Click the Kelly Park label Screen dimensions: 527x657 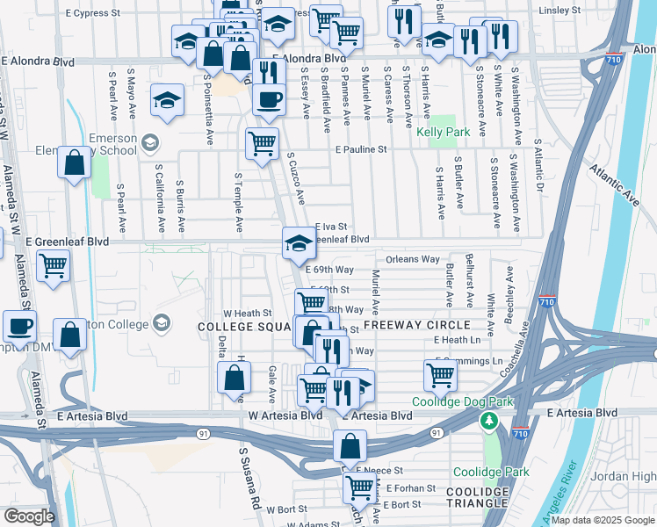pos(439,133)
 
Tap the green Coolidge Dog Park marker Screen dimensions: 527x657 pos(488,422)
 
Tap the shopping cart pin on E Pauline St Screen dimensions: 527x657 pos(261,144)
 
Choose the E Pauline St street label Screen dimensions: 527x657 pos(360,150)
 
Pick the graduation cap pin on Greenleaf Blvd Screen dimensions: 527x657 pos(299,242)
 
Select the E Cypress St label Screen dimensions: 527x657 pos(93,14)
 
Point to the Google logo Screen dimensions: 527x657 pos(28,516)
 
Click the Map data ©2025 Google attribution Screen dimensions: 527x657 pos(603,520)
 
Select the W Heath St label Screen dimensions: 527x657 pos(242,313)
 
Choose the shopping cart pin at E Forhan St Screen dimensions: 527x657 pos(358,487)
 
